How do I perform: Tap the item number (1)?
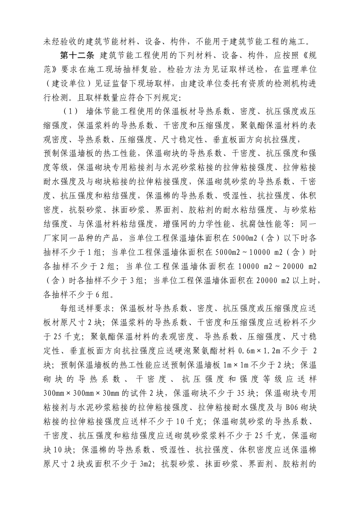point(70,111)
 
